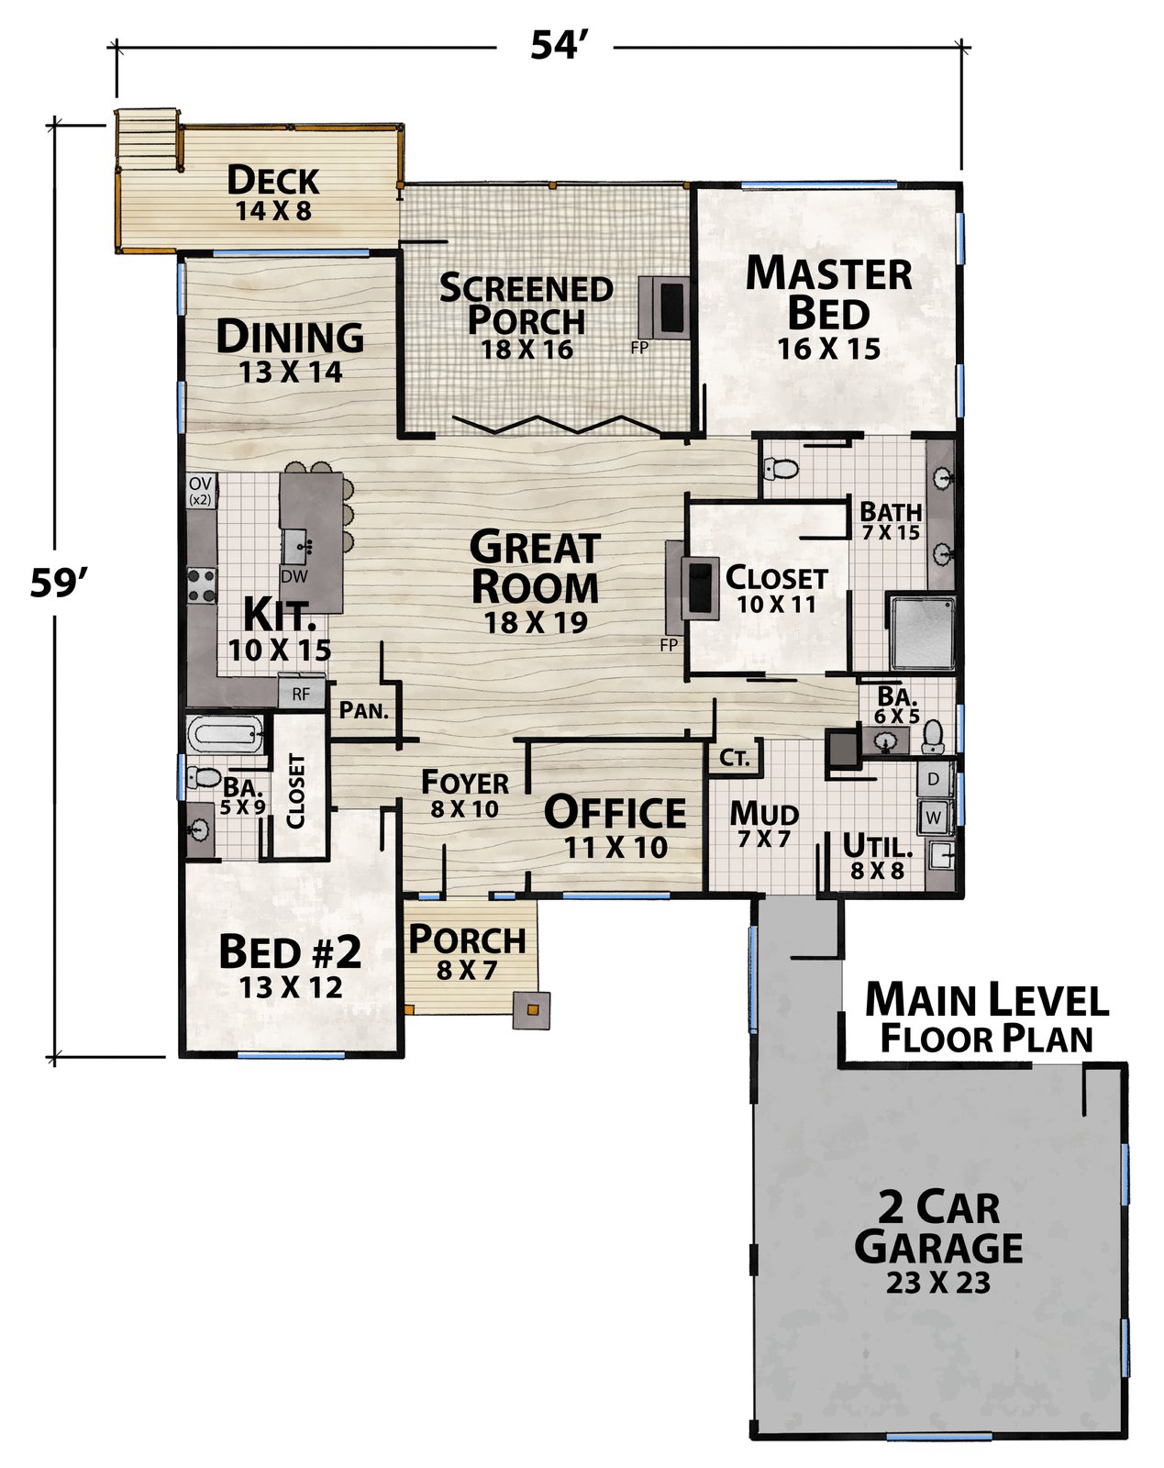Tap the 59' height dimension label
[59, 584]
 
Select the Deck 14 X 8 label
[273, 194]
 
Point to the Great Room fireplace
[693, 589]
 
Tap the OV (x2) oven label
[201, 491]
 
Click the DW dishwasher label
[294, 576]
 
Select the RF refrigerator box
[302, 694]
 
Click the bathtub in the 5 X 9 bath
[226, 734]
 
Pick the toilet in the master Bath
[781, 469]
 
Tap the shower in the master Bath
[922, 633]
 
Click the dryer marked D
[934, 779]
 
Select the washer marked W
[934, 817]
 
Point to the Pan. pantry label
[364, 711]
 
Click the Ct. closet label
[735, 758]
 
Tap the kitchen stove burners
[202, 586]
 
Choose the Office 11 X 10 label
[615, 828]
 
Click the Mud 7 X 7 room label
[764, 824]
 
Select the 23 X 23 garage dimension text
[938, 1284]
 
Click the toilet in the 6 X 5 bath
[933, 737]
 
